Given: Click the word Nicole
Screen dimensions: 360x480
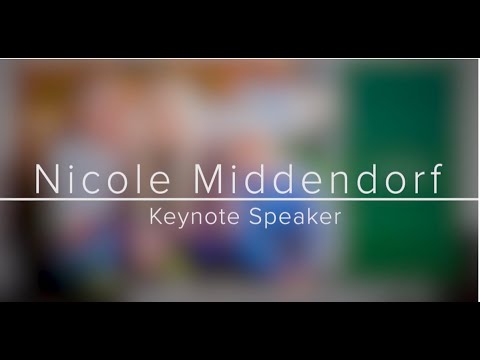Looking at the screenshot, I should tap(96, 180).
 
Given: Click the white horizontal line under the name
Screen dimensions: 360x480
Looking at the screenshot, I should tap(240, 200).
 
